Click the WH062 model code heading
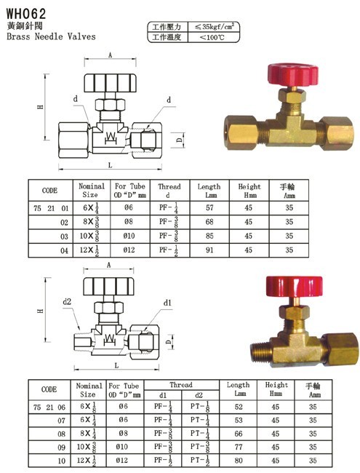click(26, 13)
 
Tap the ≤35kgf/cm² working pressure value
click(214, 26)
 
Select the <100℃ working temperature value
click(212, 37)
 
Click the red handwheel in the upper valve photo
click(293, 74)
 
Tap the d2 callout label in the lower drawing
click(67, 302)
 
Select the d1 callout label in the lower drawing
click(167, 303)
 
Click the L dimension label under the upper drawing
click(110, 165)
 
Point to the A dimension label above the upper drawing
click(110, 55)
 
